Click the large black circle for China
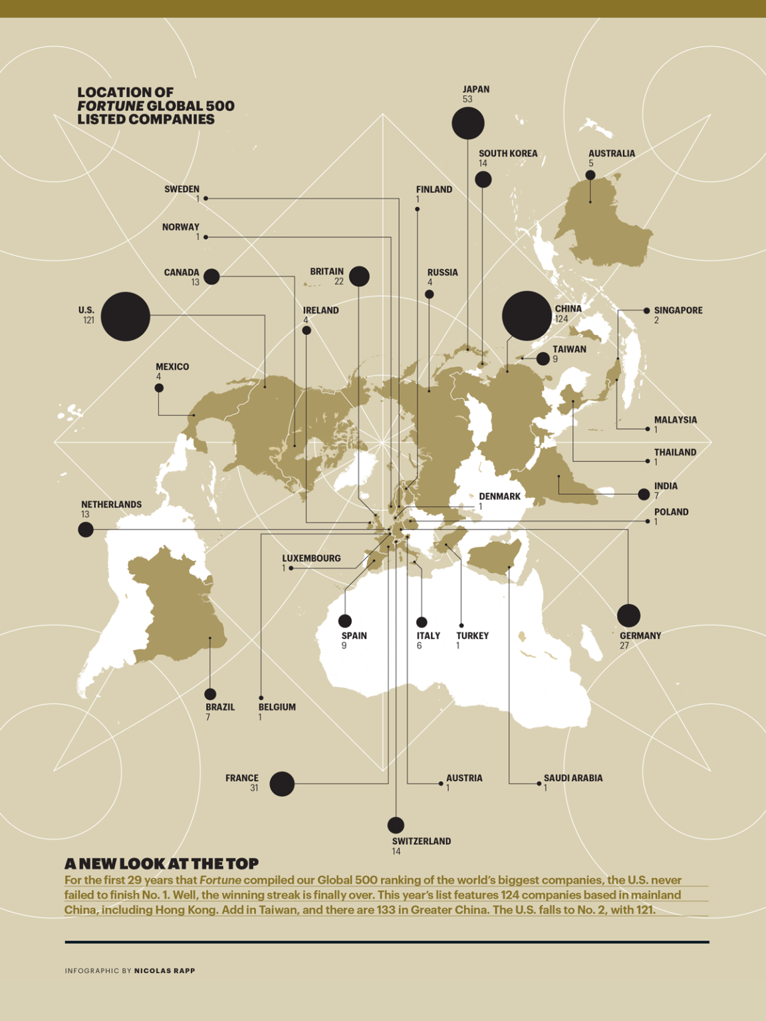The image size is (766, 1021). click(527, 316)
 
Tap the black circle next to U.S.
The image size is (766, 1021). click(126, 316)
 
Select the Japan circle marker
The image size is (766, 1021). click(468, 123)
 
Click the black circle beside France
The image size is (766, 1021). click(282, 784)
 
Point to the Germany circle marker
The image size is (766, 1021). click(628, 616)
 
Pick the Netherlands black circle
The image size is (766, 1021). click(86, 530)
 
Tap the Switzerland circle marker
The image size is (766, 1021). click(396, 825)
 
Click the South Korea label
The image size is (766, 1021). click(508, 154)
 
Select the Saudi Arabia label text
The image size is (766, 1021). click(573, 778)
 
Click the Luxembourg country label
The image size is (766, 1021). click(311, 558)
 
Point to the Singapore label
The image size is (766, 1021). click(678, 310)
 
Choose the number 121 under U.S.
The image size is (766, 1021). click(88, 320)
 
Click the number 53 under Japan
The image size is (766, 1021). click(467, 100)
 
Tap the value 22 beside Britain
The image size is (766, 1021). click(339, 282)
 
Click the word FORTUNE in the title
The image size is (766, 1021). click(110, 106)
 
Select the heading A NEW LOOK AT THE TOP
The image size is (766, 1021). click(162, 863)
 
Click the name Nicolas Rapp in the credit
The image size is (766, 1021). click(165, 970)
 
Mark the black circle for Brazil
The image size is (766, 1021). click(210, 695)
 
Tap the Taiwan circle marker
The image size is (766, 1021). click(543, 359)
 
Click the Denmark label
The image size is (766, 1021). click(499, 497)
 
